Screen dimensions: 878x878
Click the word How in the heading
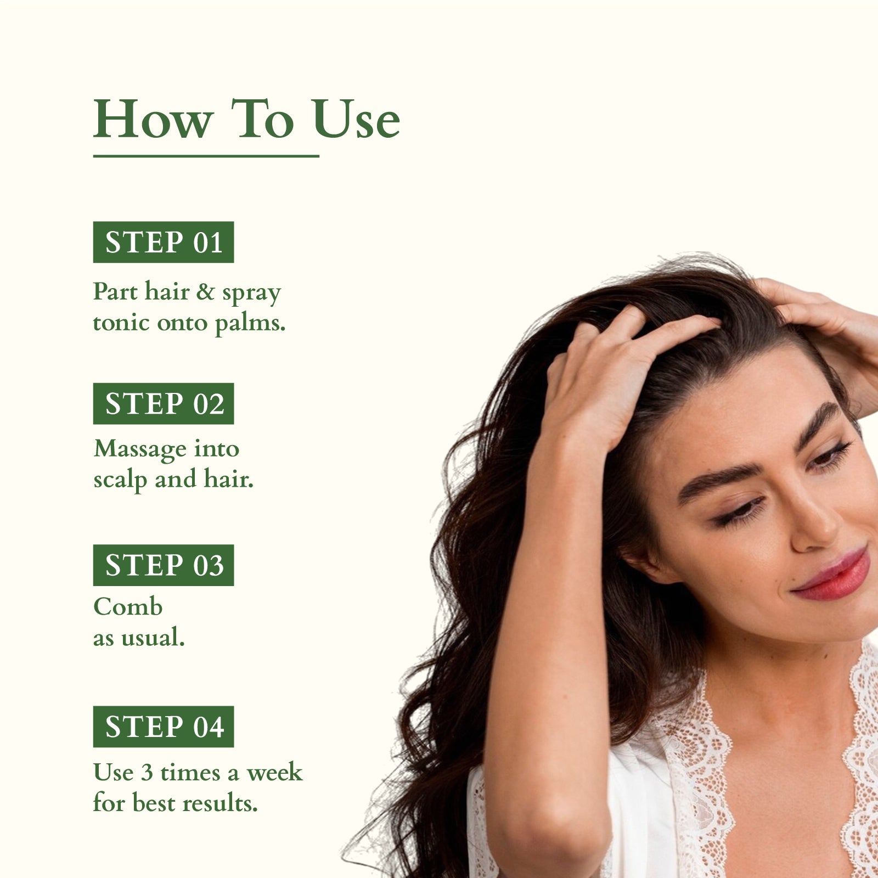153,119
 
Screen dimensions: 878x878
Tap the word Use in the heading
357,119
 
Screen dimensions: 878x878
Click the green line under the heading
206,156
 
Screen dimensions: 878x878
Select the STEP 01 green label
164,242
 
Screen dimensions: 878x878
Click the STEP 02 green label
164,403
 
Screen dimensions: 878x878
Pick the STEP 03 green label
164,565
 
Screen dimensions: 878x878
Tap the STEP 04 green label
164,726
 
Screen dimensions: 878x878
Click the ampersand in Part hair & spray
205,291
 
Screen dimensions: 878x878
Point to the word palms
250,324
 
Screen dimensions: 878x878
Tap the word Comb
128,606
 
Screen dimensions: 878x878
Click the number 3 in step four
147,773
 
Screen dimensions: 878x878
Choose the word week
274,773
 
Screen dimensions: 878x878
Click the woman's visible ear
648,560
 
